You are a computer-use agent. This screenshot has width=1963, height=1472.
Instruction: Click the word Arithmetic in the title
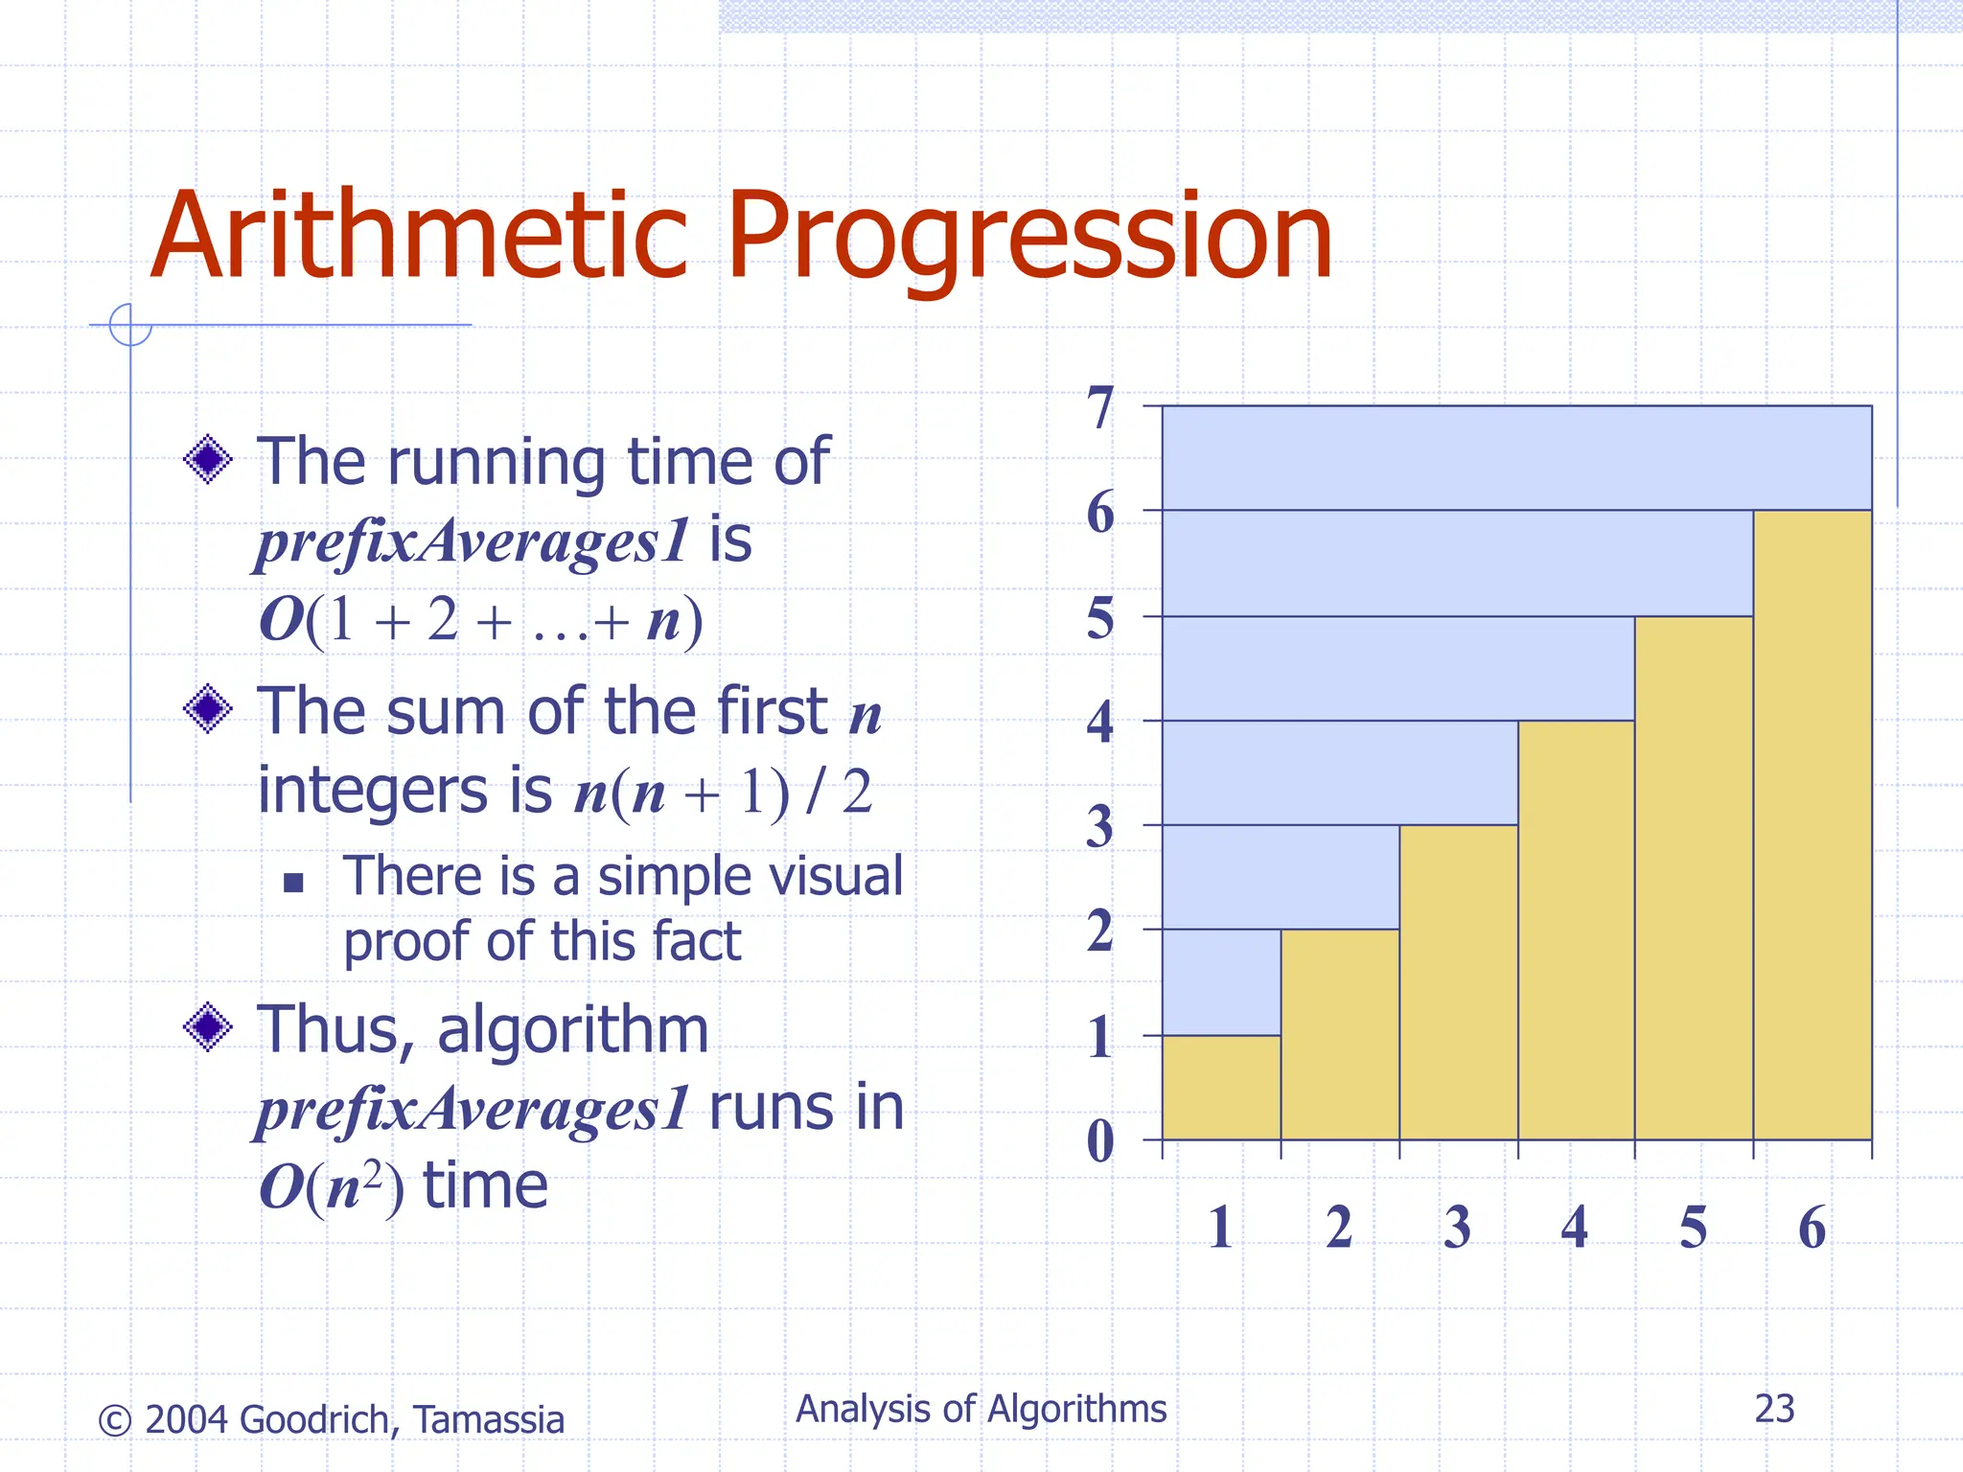[x=419, y=237]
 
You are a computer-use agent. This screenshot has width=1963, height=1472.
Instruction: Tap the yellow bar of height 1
[x=1221, y=1087]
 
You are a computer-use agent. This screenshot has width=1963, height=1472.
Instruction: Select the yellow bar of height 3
[x=1458, y=981]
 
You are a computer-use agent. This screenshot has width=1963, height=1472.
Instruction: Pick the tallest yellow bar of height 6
[x=1812, y=824]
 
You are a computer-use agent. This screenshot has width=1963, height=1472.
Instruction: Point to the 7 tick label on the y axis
[x=1100, y=408]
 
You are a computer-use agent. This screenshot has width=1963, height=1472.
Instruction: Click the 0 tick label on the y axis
[x=1100, y=1140]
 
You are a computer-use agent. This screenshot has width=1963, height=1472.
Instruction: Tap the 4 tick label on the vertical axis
[x=1100, y=722]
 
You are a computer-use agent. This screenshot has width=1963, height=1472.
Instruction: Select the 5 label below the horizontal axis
[x=1693, y=1228]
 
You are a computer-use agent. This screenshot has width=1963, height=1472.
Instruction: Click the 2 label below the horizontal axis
[x=1339, y=1228]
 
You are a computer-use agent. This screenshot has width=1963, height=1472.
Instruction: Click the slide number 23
[x=1774, y=1409]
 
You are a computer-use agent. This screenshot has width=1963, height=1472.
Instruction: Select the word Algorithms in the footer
[x=1076, y=1409]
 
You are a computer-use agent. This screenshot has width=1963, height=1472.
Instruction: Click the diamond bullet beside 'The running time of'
[x=208, y=460]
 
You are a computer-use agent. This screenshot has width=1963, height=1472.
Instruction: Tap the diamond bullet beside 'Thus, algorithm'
[x=208, y=1027]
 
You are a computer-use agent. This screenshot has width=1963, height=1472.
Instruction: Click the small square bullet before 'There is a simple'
[x=293, y=883]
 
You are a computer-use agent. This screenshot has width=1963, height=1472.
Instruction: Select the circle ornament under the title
[x=130, y=325]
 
